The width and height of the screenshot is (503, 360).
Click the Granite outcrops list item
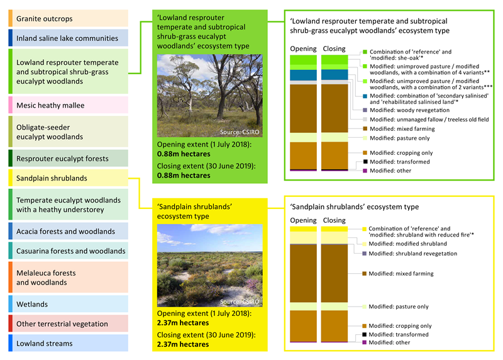[x=69, y=18]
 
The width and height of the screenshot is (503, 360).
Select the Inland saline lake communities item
[x=69, y=38]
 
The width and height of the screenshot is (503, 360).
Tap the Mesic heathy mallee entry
[x=69, y=105]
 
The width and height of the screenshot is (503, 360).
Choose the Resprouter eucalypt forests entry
[x=69, y=159]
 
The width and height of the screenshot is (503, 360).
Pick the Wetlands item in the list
[x=69, y=304]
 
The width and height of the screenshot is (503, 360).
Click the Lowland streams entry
[x=69, y=343]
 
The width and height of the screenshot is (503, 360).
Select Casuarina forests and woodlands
[x=69, y=250]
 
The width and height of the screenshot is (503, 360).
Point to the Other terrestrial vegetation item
[x=69, y=323]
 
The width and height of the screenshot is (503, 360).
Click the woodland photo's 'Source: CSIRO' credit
[x=240, y=132]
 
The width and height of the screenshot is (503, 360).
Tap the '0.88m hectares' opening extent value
[x=184, y=154]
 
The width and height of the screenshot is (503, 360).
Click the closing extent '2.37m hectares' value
[x=183, y=344]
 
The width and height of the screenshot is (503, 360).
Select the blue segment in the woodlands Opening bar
[x=303, y=75]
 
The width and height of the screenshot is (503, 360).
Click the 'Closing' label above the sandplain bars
[x=334, y=220]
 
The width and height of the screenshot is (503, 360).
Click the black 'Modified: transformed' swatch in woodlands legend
[x=365, y=162]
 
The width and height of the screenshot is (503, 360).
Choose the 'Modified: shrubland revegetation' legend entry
[x=410, y=254]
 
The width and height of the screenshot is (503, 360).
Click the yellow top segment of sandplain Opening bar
[x=303, y=229]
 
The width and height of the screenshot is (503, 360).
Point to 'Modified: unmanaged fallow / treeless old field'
[x=426, y=120]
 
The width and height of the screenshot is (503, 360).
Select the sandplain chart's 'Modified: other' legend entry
[x=386, y=342]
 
